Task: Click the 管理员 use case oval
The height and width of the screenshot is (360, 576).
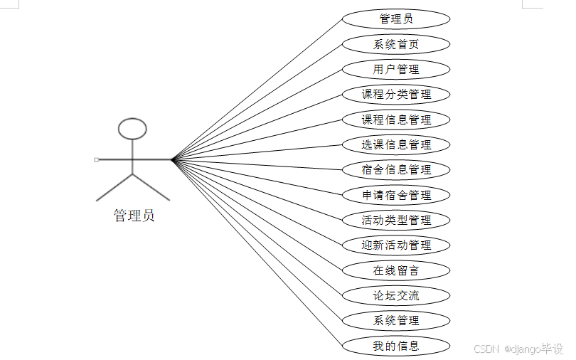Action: [396, 18]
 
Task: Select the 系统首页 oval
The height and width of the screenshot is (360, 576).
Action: [396, 44]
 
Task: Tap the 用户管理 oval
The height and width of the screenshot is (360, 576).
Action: [396, 69]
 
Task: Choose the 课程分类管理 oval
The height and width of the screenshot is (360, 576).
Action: [396, 94]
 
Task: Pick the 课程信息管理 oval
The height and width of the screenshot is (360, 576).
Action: [396, 120]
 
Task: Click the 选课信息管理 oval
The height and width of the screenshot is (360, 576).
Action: [396, 144]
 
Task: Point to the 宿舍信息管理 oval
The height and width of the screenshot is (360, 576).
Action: [396, 169]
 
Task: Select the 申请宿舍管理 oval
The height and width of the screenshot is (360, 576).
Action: [396, 195]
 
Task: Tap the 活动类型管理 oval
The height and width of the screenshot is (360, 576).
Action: [396, 220]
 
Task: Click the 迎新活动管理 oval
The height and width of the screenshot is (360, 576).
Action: [396, 245]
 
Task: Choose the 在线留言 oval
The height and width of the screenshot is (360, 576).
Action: [396, 270]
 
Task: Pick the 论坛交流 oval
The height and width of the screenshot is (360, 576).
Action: [396, 295]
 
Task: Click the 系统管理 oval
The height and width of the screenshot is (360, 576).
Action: [396, 320]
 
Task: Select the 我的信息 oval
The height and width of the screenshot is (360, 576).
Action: [396, 346]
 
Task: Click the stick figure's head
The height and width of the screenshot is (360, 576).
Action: [132, 129]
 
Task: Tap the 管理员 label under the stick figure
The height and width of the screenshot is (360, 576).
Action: [134, 216]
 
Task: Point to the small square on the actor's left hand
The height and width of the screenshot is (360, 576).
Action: [96, 159]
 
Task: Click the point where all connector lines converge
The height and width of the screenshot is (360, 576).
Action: [173, 159]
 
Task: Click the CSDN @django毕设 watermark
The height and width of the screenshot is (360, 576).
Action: [518, 349]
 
